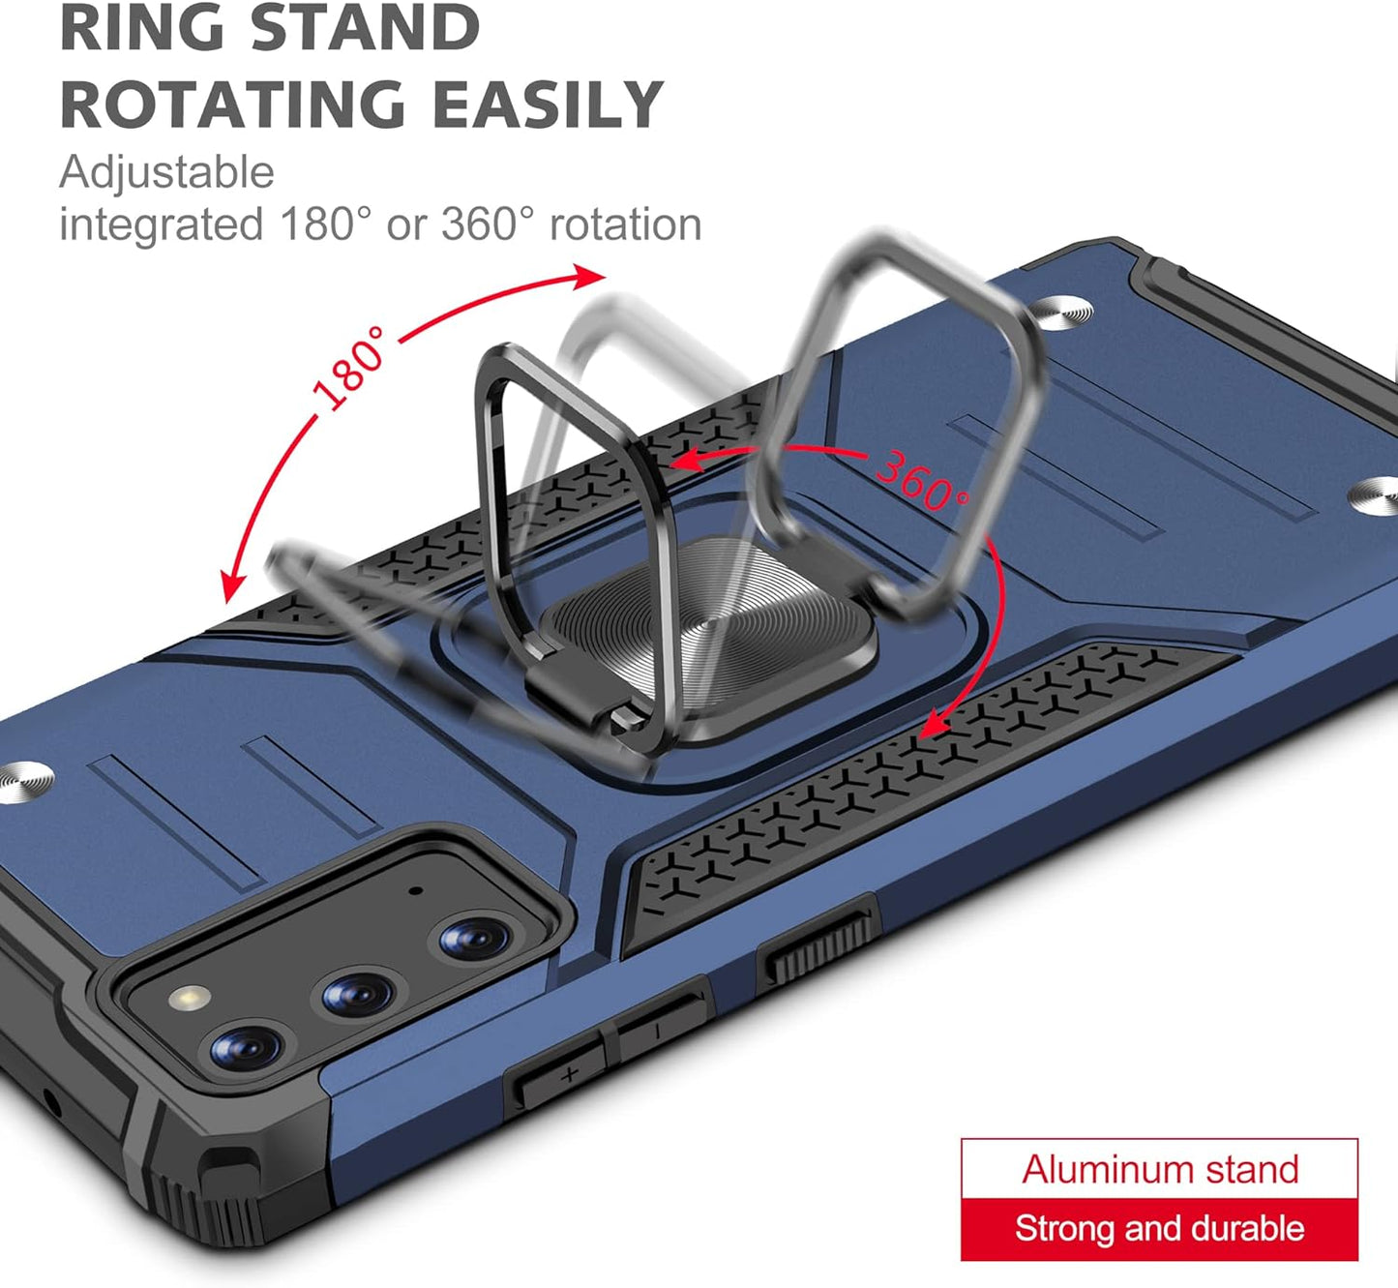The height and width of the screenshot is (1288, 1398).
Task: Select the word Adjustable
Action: click(x=166, y=173)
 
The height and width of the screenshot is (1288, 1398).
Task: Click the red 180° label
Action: click(x=349, y=370)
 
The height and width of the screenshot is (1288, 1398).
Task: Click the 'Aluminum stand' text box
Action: click(x=1159, y=1169)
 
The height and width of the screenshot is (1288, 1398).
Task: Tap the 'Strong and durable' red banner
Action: click(x=1159, y=1229)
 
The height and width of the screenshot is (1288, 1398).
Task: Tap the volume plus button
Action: click(x=565, y=1073)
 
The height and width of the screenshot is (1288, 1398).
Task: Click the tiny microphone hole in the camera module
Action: click(x=416, y=889)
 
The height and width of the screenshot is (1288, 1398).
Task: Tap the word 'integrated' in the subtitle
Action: click(x=161, y=225)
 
